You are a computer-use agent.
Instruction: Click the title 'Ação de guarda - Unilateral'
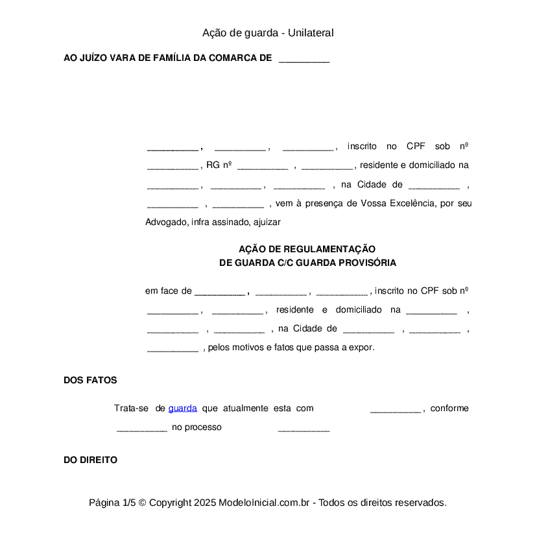click(268, 33)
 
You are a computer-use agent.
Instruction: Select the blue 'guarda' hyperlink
click(182, 409)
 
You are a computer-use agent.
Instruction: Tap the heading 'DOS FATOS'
click(90, 381)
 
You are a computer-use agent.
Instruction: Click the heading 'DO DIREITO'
click(90, 460)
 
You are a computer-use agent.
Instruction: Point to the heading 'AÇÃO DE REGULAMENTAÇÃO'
click(307, 249)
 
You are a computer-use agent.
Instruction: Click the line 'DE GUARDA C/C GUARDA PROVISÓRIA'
click(307, 263)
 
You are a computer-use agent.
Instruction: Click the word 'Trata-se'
click(132, 409)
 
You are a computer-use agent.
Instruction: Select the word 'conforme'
click(449, 409)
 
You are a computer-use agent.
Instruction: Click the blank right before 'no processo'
click(142, 428)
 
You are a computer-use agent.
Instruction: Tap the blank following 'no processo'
click(304, 428)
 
